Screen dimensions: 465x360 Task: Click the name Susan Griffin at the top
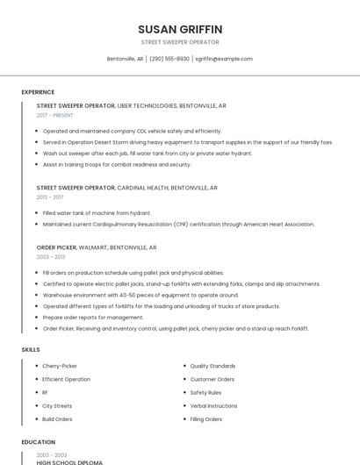pyautogui.click(x=180, y=29)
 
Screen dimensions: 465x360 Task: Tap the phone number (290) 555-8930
pyautogui.click(x=169, y=59)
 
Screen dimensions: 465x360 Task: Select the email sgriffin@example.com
pyautogui.click(x=224, y=59)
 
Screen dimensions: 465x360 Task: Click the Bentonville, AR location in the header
pyautogui.click(x=125, y=59)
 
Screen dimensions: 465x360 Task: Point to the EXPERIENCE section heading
pyautogui.click(x=38, y=92)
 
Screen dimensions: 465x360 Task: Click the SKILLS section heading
pyautogui.click(x=31, y=350)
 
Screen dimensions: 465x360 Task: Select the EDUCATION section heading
pyautogui.click(x=39, y=442)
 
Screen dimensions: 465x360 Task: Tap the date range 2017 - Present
pyautogui.click(x=54, y=115)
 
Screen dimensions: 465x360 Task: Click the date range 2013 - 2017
pyautogui.click(x=50, y=197)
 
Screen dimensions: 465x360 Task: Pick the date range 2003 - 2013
pyautogui.click(x=50, y=257)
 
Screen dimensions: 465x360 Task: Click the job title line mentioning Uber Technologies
pyautogui.click(x=131, y=105)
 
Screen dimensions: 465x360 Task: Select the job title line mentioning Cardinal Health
pyautogui.click(x=126, y=187)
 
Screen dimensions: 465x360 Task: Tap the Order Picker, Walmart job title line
pyautogui.click(x=97, y=247)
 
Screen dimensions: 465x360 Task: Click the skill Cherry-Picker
pyautogui.click(x=60, y=366)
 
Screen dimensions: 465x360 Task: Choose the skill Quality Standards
pyautogui.click(x=212, y=366)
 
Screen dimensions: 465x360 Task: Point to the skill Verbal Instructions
pyautogui.click(x=213, y=406)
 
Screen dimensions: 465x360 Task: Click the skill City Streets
pyautogui.click(x=57, y=406)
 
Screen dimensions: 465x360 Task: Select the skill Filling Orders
pyautogui.click(x=206, y=419)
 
